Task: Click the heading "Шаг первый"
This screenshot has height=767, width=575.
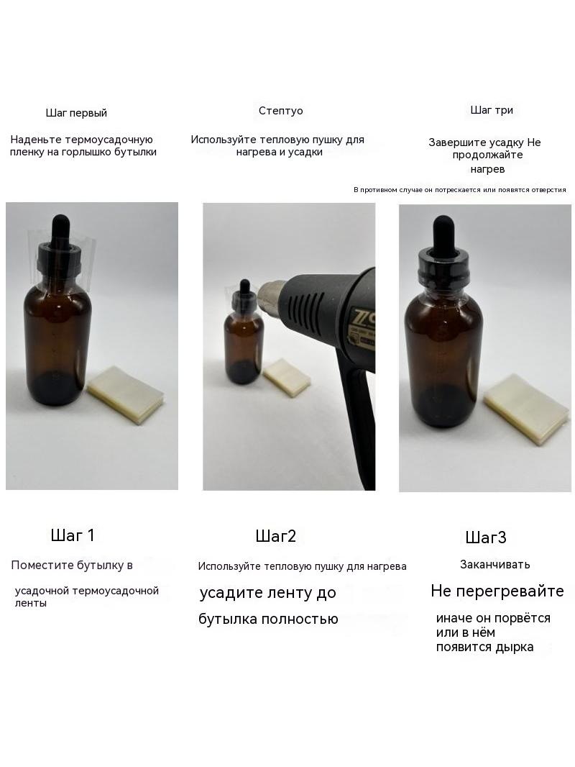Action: [x=76, y=113]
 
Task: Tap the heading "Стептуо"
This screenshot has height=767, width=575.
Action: [x=281, y=111]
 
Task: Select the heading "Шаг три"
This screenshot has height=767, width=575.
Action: [x=492, y=110]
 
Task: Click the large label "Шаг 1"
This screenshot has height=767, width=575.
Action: [x=73, y=535]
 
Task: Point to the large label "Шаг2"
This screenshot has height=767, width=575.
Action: [x=276, y=536]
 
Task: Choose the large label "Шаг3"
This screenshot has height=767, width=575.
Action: [x=486, y=537]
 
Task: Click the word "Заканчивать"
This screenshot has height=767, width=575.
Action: [x=495, y=565]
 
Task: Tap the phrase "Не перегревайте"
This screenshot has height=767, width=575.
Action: [x=497, y=591]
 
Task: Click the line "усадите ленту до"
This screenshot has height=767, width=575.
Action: [x=267, y=593]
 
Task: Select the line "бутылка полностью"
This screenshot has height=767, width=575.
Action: [x=268, y=619]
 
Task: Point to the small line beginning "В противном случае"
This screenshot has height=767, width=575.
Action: [x=460, y=190]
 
